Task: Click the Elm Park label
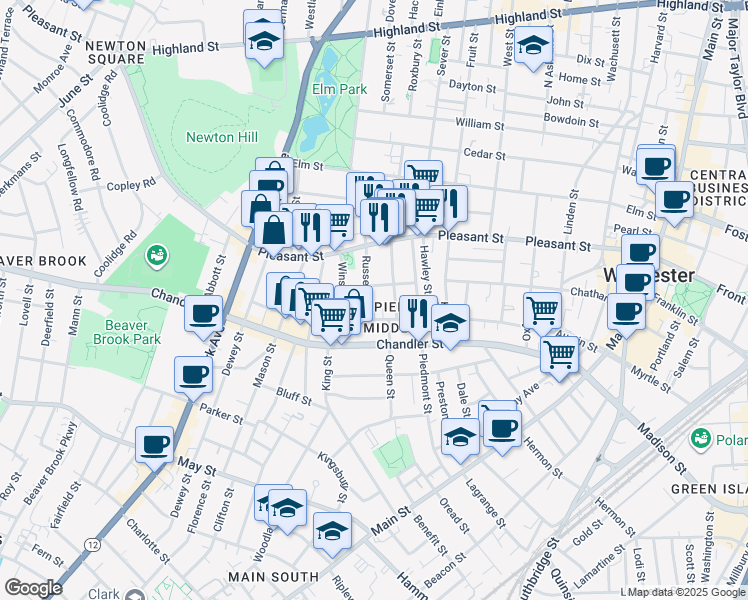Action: (334, 90)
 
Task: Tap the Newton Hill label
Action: (222, 137)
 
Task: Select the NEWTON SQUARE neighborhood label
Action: (116, 52)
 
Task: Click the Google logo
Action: (33, 588)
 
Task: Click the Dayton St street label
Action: (473, 86)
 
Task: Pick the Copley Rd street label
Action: (132, 184)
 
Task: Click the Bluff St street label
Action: (295, 398)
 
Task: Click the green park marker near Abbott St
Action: (156, 257)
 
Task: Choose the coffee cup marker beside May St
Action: (154, 443)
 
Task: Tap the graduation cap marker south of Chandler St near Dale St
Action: (459, 436)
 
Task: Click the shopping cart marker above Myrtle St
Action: (558, 352)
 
